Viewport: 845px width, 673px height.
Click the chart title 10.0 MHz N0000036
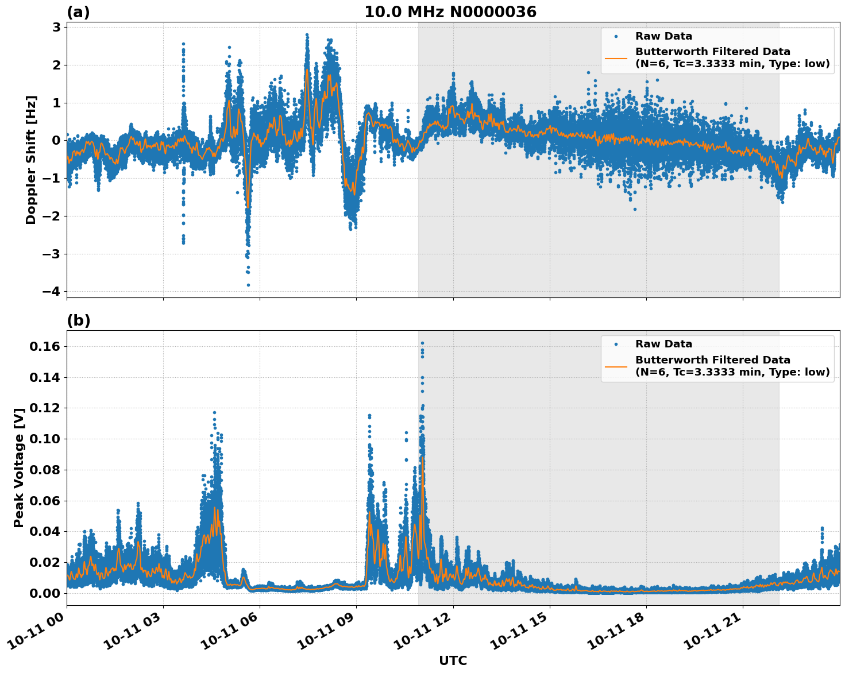tap(450, 12)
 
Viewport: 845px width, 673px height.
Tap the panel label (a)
tap(78, 12)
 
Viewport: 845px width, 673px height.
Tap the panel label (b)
tap(78, 320)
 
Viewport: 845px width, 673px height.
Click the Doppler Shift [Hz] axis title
tap(31, 160)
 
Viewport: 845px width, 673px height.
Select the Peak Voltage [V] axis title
tap(19, 468)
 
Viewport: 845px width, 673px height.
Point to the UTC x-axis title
tap(453, 660)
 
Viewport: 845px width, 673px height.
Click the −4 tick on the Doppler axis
tap(51, 292)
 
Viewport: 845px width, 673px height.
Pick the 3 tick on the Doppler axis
tap(56, 27)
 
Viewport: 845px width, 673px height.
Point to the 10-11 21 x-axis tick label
tap(714, 636)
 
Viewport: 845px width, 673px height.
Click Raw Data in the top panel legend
tap(663, 36)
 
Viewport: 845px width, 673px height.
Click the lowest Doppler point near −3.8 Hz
tap(248, 285)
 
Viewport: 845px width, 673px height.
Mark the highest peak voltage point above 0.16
tap(422, 343)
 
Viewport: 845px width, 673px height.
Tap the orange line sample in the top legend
tap(616, 57)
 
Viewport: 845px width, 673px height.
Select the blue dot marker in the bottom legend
tap(616, 344)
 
